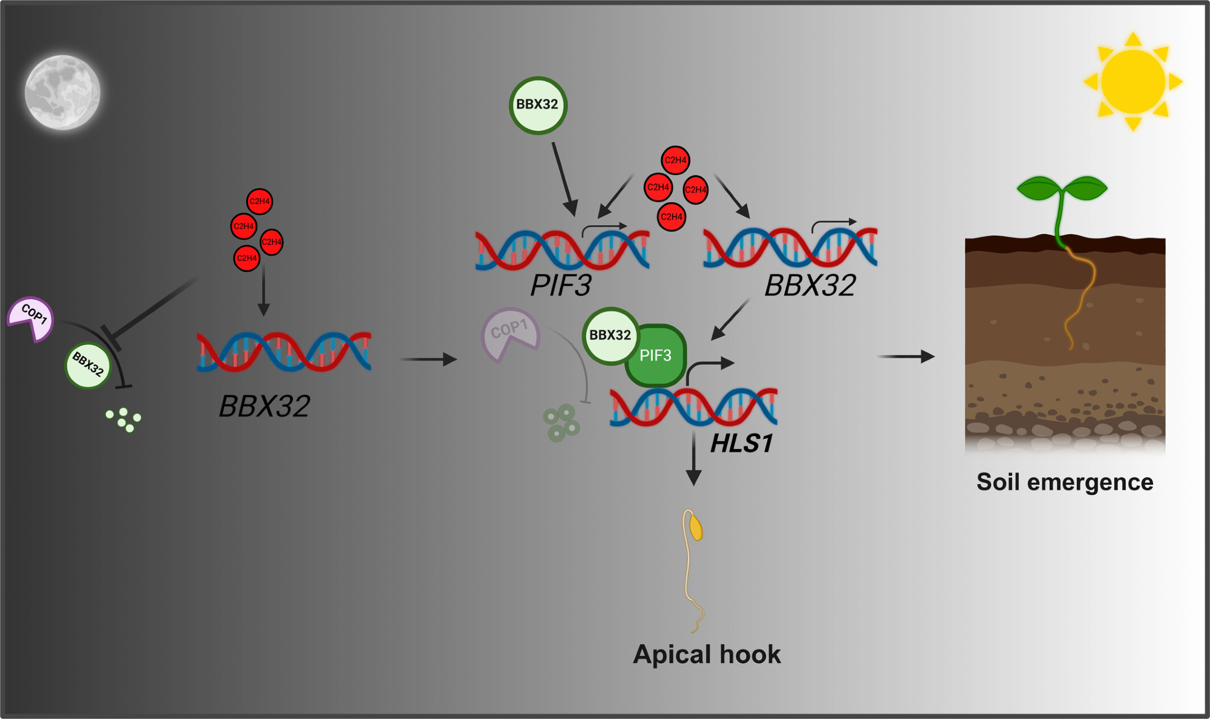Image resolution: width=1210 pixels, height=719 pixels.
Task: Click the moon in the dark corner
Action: click(62, 92)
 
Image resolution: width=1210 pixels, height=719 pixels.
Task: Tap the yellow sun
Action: click(1133, 82)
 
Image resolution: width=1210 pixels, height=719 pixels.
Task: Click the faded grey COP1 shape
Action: click(509, 333)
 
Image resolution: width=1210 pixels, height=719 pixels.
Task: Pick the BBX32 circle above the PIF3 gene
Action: click(537, 105)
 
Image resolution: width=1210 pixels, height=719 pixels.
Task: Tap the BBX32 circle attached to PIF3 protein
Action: click(610, 335)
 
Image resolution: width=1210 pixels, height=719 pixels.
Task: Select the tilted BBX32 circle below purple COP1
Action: click(88, 365)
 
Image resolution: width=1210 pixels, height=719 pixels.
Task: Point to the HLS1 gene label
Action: click(742, 444)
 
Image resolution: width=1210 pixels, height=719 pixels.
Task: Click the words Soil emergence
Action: click(1065, 482)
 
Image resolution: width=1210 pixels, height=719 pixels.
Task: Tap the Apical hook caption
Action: click(707, 655)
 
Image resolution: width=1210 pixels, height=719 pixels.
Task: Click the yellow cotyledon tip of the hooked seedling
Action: click(696, 527)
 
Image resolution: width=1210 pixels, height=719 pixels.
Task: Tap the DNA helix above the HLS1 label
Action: click(693, 406)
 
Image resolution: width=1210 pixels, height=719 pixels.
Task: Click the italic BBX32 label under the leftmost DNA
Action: click(264, 406)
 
